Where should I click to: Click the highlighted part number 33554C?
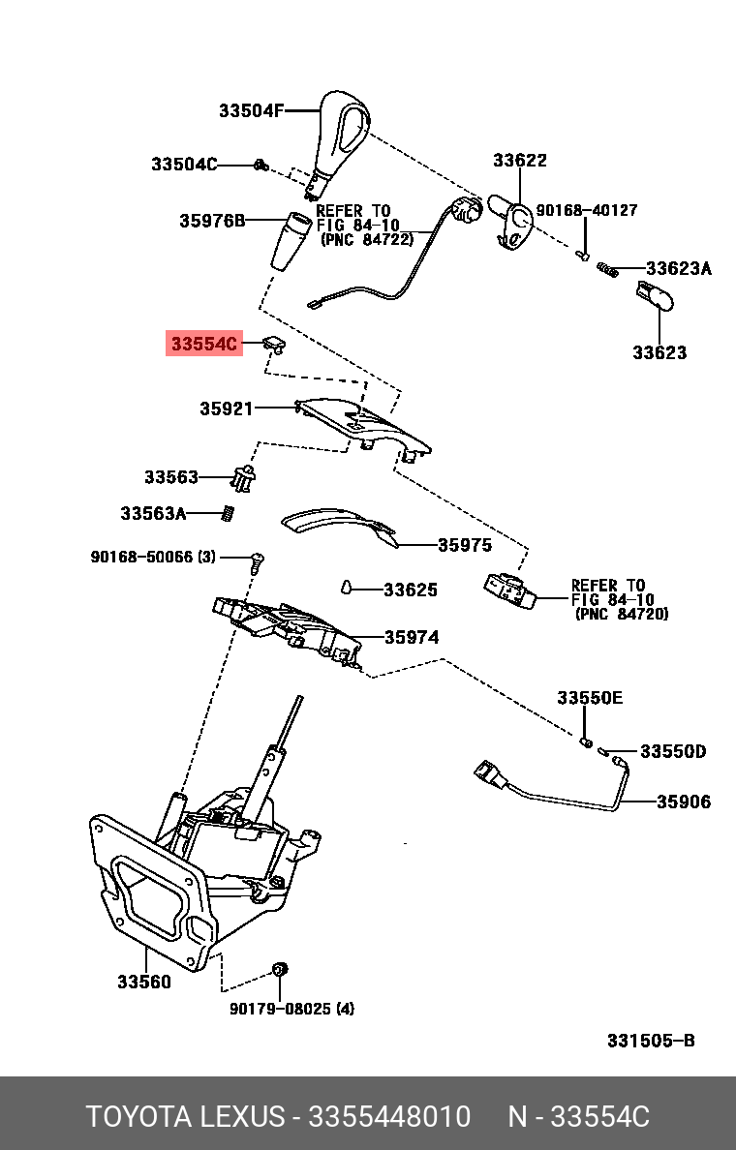click(x=204, y=343)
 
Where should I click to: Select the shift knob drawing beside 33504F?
click(x=341, y=144)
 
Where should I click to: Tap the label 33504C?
click(x=184, y=164)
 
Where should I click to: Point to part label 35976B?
click(x=213, y=220)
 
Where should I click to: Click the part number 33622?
click(x=519, y=160)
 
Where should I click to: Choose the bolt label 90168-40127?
click(x=586, y=210)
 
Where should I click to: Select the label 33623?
click(x=659, y=352)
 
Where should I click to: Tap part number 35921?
click(x=226, y=409)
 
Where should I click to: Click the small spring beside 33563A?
click(x=228, y=513)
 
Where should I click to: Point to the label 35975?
click(x=465, y=545)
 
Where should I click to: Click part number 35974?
click(x=412, y=637)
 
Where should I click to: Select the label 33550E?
click(x=589, y=698)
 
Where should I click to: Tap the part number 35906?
click(x=683, y=802)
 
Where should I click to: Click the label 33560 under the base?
click(x=144, y=982)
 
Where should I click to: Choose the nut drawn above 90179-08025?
click(x=279, y=968)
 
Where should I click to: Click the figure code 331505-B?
click(x=651, y=1040)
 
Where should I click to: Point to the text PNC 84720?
click(x=623, y=614)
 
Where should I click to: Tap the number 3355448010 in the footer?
click(x=389, y=1116)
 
